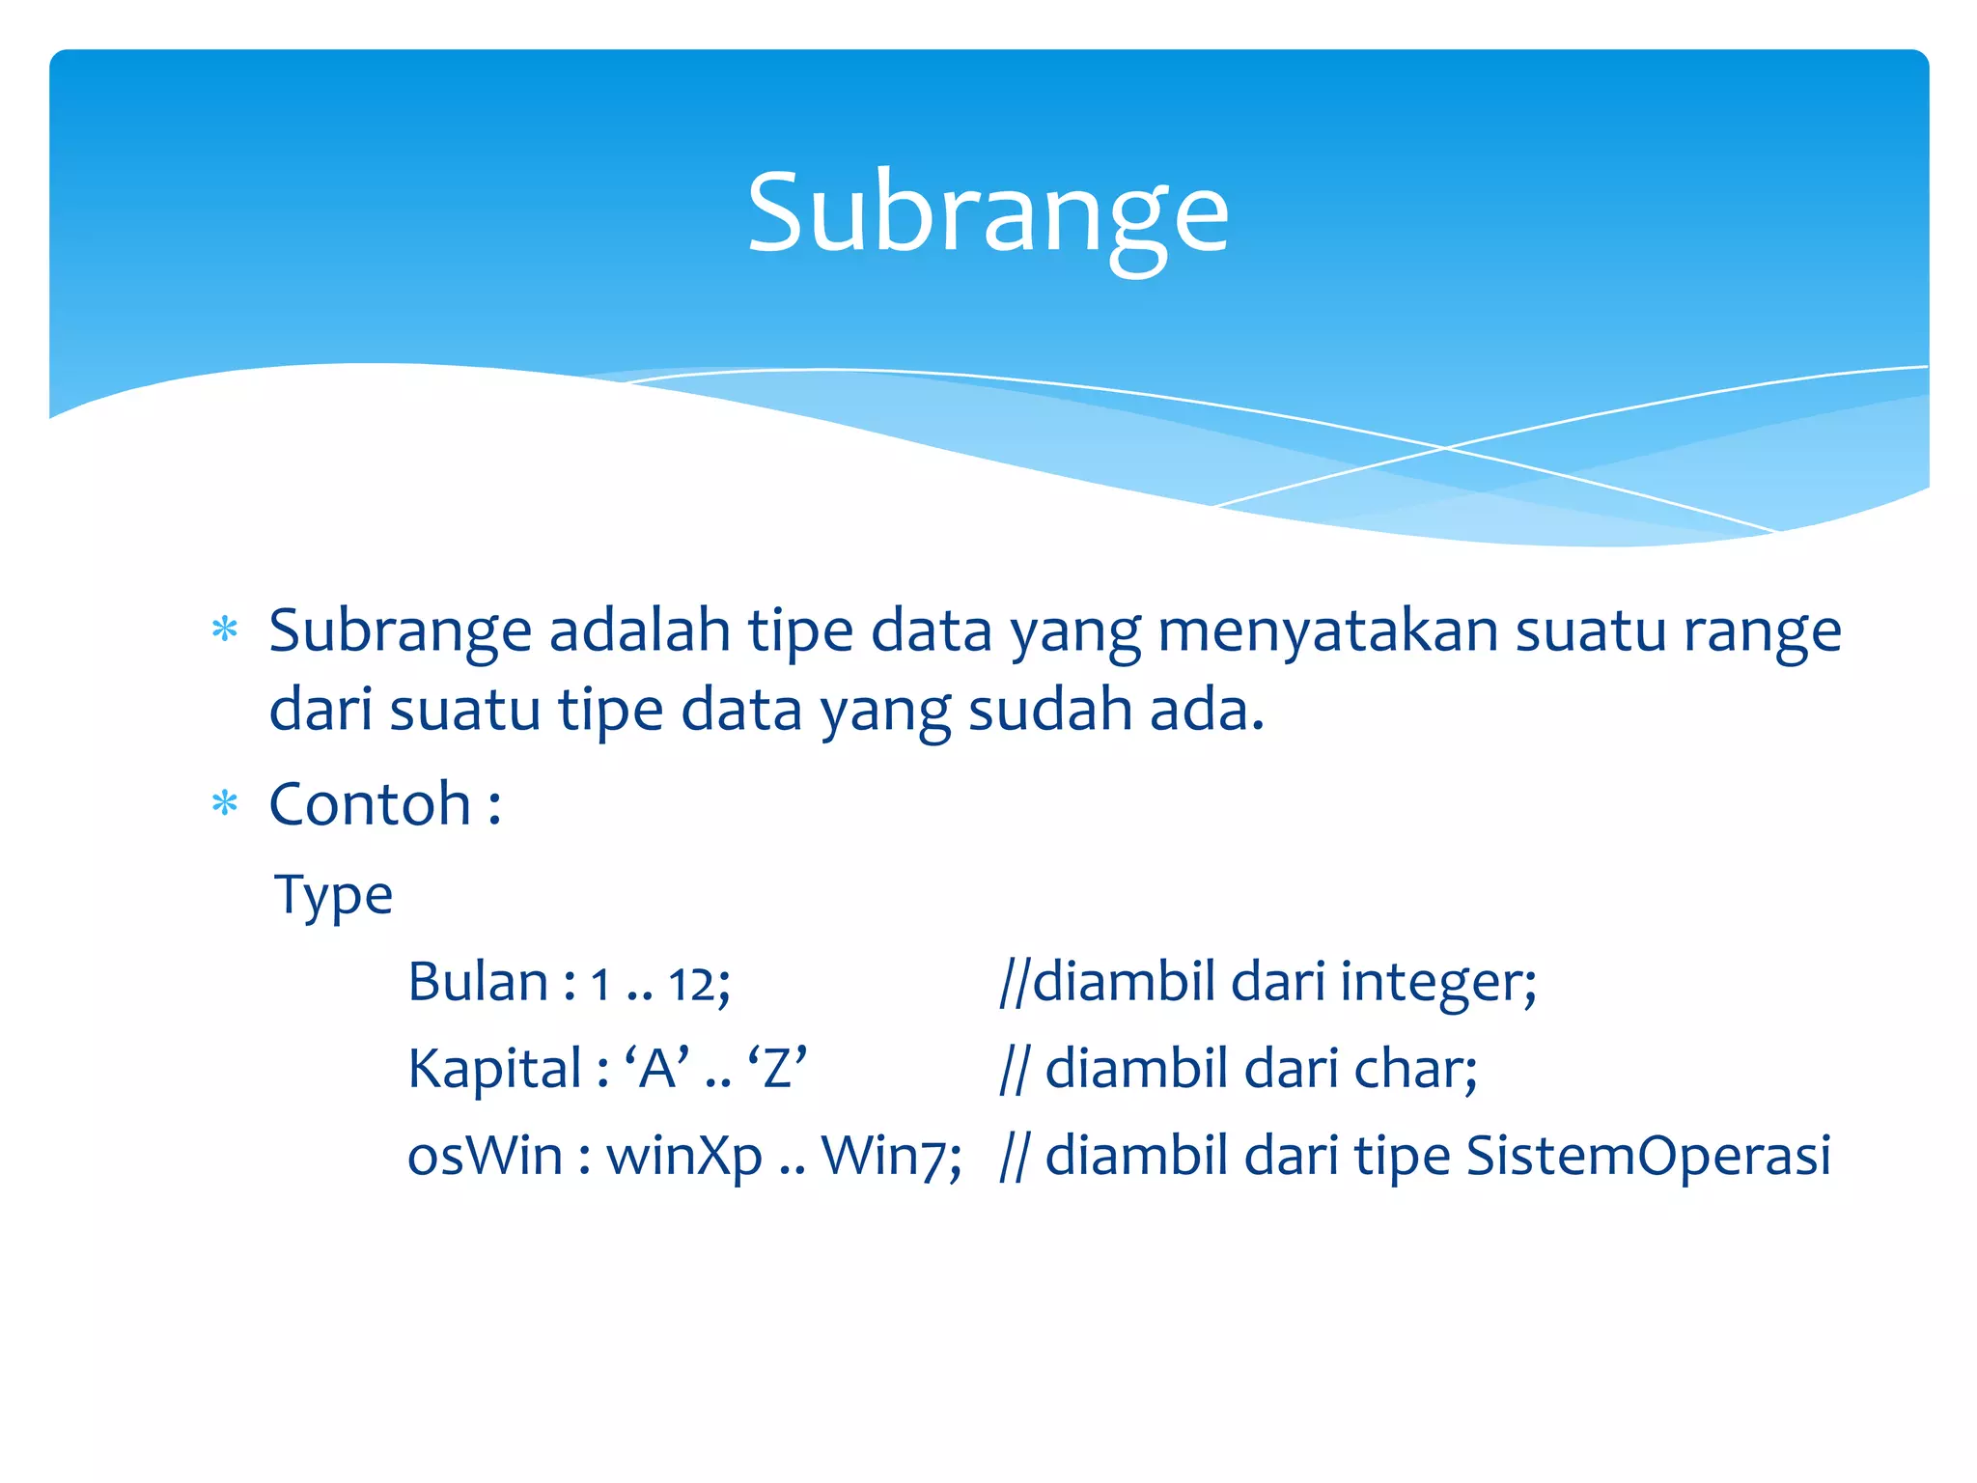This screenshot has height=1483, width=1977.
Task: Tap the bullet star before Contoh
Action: (225, 803)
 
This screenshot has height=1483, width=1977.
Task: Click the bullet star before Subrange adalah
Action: (225, 630)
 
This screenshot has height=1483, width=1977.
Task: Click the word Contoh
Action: (370, 803)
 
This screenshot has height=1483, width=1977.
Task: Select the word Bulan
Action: (478, 982)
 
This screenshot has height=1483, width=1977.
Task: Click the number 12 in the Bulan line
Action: (693, 985)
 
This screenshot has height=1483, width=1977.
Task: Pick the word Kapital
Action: (494, 1069)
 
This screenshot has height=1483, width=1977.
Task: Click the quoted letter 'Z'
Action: (777, 1069)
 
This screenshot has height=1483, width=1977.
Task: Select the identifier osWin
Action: (485, 1155)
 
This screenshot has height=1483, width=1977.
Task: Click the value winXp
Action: (683, 1157)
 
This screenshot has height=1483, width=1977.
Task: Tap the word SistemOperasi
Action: (1648, 1155)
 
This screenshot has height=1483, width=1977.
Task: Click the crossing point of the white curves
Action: (1445, 448)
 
